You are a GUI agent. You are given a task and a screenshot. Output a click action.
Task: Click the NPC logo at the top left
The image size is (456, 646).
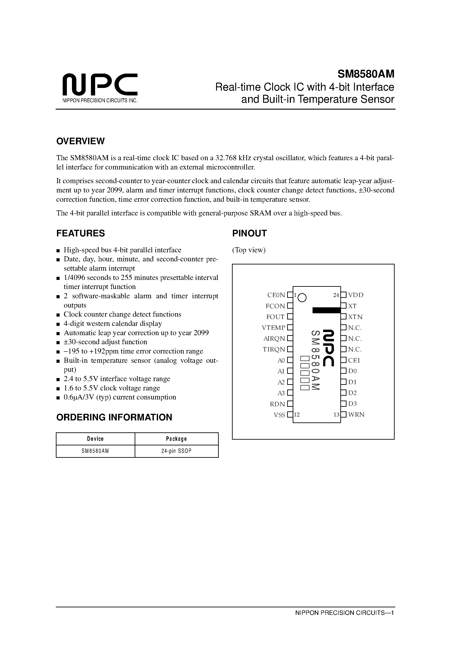[x=100, y=84]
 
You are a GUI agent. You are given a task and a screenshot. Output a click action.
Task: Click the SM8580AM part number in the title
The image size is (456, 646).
[x=366, y=74]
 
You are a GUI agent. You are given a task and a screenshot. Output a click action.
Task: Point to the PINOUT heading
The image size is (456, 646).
[x=249, y=233]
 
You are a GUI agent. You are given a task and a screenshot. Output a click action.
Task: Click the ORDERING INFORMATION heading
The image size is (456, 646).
[x=114, y=417]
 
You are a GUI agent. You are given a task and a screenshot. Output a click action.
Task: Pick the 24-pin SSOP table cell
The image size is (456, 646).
[x=176, y=451]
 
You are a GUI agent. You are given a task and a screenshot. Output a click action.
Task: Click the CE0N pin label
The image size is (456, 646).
[x=276, y=295]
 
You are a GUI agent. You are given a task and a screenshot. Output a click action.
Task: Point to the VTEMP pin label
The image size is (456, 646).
[x=273, y=328]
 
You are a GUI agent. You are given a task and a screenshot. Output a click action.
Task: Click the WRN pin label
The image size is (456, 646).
[x=356, y=415]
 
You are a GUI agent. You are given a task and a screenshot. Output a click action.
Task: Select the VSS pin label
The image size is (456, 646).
[x=279, y=415]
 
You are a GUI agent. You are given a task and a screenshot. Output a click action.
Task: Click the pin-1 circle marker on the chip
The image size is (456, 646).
[x=302, y=298]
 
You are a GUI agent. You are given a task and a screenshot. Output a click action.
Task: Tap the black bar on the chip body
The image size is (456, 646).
[x=326, y=310]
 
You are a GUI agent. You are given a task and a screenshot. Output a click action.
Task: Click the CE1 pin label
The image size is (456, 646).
[x=354, y=360]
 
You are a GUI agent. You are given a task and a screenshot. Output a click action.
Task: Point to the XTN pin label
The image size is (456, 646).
[x=355, y=317]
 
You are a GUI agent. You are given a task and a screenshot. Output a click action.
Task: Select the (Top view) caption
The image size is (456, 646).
[x=249, y=250]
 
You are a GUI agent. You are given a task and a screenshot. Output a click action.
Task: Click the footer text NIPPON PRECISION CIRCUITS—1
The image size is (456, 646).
[x=345, y=613]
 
